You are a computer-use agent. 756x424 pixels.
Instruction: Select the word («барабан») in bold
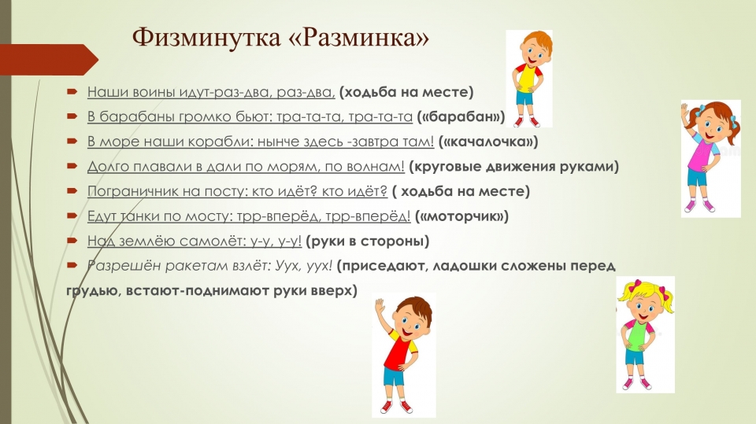pos(461,116)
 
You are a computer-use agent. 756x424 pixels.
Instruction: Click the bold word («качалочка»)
pos(488,142)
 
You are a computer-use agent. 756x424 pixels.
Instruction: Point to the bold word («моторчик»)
pos(461,216)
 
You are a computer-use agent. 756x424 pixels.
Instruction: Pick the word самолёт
pos(217,241)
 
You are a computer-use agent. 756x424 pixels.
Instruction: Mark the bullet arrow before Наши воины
pos(72,91)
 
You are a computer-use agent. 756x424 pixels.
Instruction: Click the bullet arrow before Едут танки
pos(72,216)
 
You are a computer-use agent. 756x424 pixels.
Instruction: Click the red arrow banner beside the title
pos(49,60)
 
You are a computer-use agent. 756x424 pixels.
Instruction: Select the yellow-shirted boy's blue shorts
pos(525,98)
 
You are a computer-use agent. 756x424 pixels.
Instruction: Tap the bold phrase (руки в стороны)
pos(368,241)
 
